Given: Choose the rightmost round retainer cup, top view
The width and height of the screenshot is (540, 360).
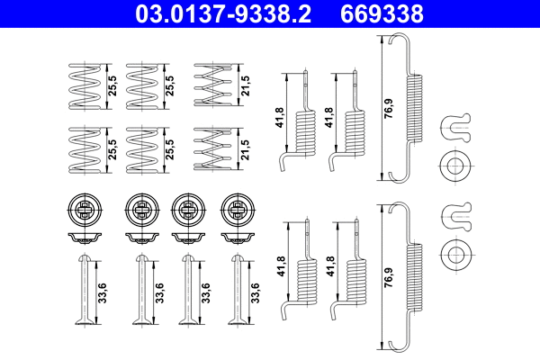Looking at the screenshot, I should [x=237, y=211].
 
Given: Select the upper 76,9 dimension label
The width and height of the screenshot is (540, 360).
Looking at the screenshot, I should [x=388, y=108].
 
